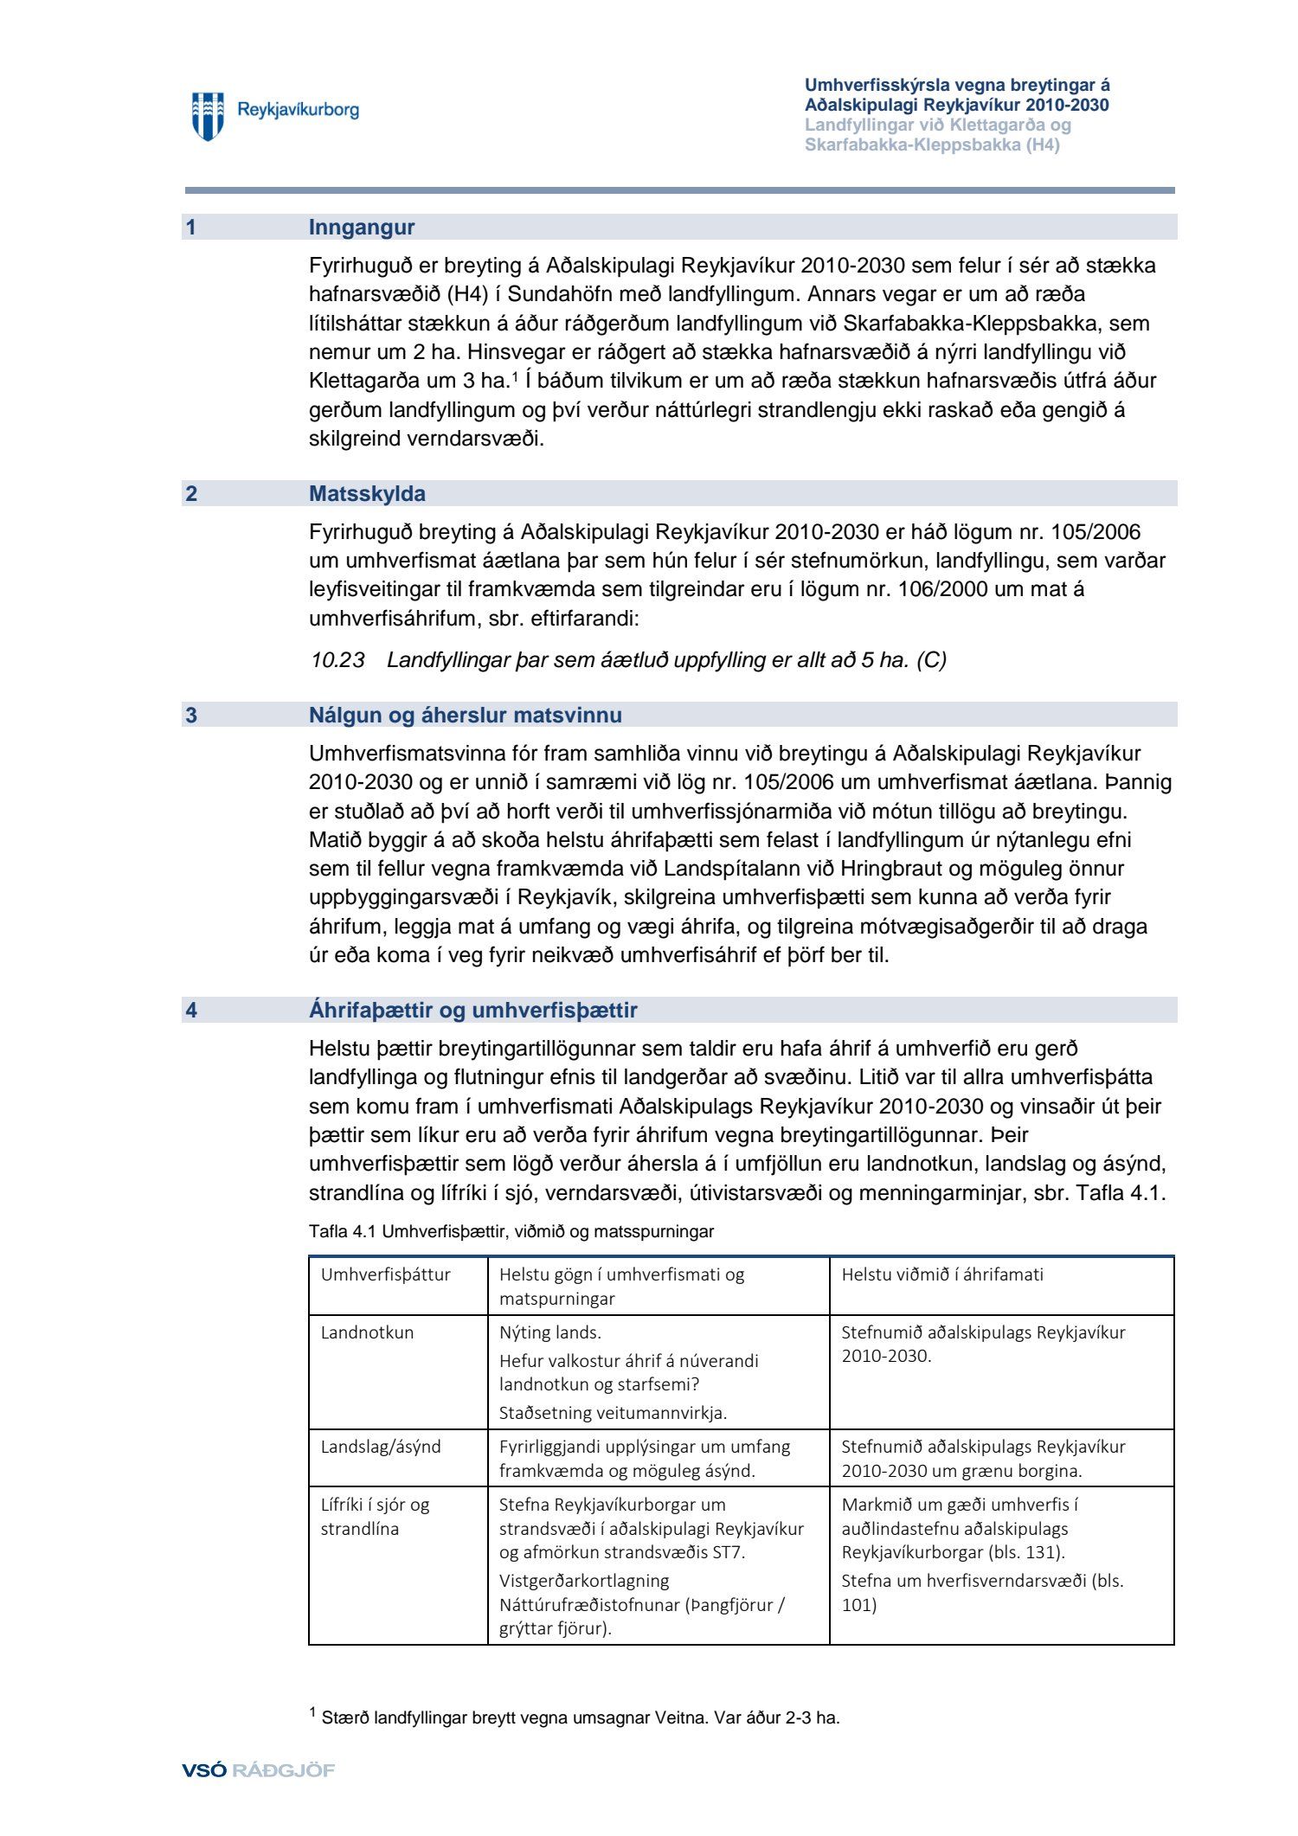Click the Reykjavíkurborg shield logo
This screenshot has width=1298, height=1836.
click(208, 116)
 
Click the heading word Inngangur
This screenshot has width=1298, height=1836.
click(362, 228)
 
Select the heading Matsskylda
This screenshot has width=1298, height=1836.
click(367, 494)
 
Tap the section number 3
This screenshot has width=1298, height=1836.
click(191, 716)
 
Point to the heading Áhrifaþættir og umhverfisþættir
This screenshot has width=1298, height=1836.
click(472, 1010)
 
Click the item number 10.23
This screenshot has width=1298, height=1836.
click(337, 660)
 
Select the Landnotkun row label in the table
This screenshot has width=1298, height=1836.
click(367, 1332)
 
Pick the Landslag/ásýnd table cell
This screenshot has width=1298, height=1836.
click(381, 1447)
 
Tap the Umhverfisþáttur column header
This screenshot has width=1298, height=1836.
click(386, 1274)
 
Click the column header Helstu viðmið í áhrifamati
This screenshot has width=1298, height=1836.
click(942, 1274)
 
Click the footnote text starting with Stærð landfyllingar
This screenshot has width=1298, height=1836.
click(580, 1718)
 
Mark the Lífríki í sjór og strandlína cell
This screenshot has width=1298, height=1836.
click(375, 1517)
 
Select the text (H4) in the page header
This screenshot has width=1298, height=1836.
click(1043, 145)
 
